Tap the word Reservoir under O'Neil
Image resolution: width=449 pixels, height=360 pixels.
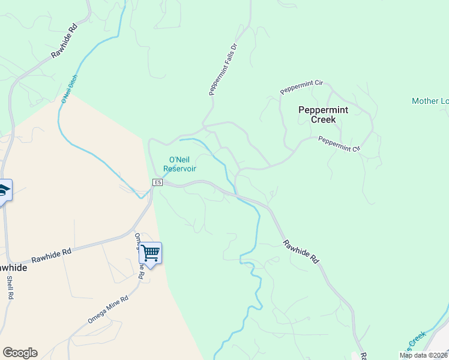[x=179, y=169]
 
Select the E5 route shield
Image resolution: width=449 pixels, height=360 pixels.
[x=158, y=182]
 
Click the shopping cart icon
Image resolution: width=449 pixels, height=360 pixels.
[x=150, y=253]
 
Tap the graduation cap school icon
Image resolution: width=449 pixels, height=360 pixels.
[x=4, y=190]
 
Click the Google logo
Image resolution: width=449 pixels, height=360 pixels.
[x=20, y=353]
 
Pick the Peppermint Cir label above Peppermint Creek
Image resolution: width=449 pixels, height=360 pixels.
[x=301, y=87]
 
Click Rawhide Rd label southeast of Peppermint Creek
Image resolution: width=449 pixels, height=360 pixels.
[x=301, y=251]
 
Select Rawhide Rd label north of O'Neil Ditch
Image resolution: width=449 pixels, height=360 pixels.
[x=64, y=41]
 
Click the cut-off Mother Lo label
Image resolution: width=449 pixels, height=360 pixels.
[x=430, y=101]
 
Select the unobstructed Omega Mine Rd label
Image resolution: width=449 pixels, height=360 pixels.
[x=108, y=309]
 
